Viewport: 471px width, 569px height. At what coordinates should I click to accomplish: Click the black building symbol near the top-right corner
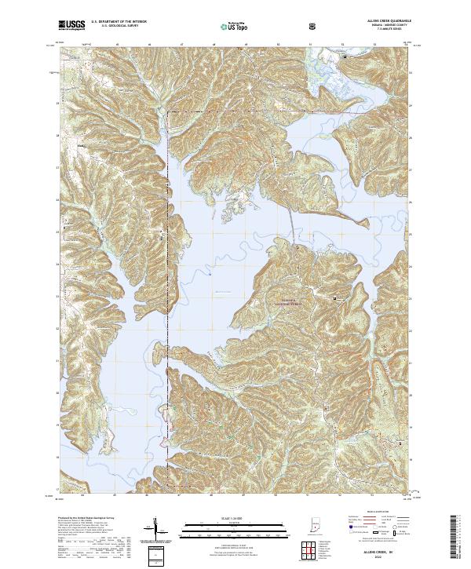pyautogui.click(x=342, y=57)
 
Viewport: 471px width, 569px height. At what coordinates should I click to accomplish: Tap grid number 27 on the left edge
pyautogui.click(x=57, y=168)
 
